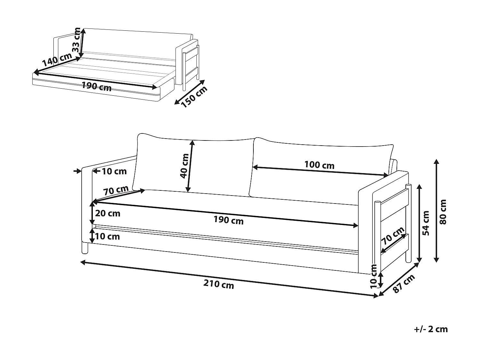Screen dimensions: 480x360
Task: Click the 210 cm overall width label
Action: (x=219, y=284)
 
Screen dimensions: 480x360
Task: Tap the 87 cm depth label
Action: (x=404, y=284)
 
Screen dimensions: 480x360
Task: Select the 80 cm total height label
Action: (x=443, y=212)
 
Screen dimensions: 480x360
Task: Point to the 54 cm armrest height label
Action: (x=426, y=223)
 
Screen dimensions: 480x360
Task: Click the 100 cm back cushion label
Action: (x=319, y=165)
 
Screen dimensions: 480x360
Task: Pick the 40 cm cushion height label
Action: (x=185, y=166)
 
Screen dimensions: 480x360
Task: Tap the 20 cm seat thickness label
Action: (x=108, y=213)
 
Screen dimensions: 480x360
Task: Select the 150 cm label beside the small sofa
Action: (x=194, y=97)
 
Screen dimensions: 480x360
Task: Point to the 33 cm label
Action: (x=76, y=40)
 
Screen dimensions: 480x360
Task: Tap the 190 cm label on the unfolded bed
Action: (x=96, y=86)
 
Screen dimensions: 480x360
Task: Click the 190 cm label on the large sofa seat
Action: (x=228, y=220)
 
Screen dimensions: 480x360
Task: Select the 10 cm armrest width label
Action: (x=114, y=172)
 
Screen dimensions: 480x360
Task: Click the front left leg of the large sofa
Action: (x=84, y=248)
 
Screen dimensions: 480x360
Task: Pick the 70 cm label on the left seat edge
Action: (x=116, y=190)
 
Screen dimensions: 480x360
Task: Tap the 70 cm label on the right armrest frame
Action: (x=393, y=236)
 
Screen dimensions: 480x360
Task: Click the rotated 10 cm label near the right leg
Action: (x=373, y=276)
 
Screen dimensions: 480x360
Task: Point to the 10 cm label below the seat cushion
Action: (x=108, y=236)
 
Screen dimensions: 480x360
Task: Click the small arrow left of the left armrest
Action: (x=78, y=171)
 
